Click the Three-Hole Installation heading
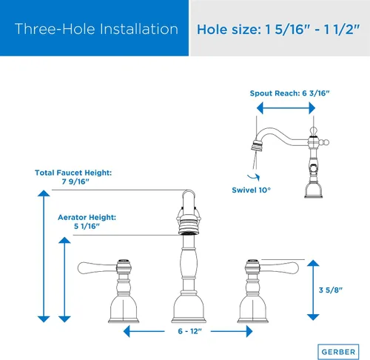click(96, 29)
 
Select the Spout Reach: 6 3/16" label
click(289, 93)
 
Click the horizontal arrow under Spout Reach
click(286, 108)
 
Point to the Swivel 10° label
click(251, 190)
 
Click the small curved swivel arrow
click(254, 177)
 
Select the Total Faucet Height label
click(73, 173)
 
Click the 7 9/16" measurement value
click(75, 181)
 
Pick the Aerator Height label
click(87, 217)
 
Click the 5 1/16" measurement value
click(87, 226)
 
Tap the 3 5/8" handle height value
click(331, 290)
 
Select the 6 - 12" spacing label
click(190, 331)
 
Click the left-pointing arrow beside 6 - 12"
click(144, 331)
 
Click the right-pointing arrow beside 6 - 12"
click(232, 331)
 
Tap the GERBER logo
click(338, 352)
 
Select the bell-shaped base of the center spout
click(189, 307)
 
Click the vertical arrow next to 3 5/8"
click(313, 290)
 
